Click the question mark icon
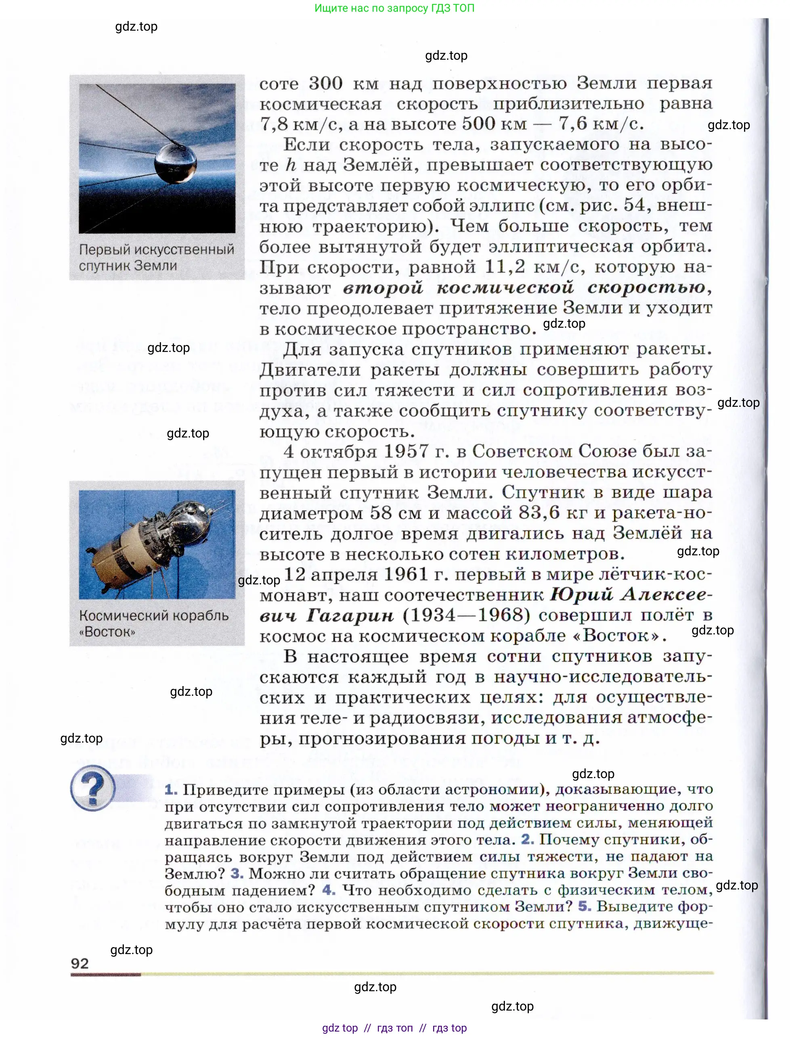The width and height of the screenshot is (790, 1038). [x=92, y=788]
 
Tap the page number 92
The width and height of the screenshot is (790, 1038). [x=80, y=963]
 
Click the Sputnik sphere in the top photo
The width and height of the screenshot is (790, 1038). [x=176, y=163]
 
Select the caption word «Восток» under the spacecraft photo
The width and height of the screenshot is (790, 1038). [x=107, y=632]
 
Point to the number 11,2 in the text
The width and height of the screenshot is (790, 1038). [x=505, y=266]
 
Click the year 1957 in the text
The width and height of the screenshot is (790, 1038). [x=406, y=451]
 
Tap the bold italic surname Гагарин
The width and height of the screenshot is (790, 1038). [x=350, y=615]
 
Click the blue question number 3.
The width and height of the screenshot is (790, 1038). [x=237, y=873]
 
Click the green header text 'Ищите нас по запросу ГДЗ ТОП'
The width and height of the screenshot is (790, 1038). [x=394, y=8]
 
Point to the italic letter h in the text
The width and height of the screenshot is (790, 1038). [x=291, y=165]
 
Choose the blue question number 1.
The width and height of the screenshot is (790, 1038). [x=171, y=789]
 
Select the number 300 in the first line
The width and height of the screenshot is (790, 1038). [x=325, y=83]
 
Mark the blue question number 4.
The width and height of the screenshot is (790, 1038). [x=329, y=890]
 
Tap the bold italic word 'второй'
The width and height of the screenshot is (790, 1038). [x=383, y=287]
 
